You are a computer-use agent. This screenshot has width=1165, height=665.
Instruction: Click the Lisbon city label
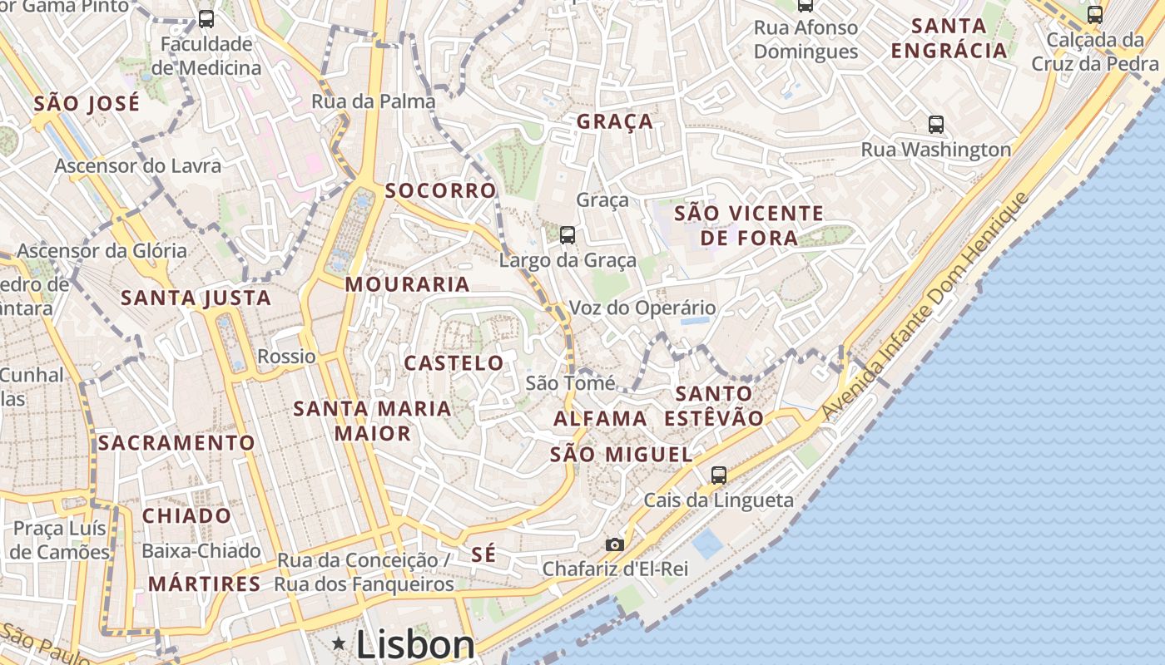[415, 645]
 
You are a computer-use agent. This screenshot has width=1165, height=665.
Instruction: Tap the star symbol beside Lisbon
[339, 643]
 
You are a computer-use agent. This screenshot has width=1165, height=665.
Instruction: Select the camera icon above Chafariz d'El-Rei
[615, 544]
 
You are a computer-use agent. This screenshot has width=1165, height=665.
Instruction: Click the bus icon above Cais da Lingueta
[718, 475]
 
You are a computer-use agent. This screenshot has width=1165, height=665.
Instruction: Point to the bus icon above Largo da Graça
[568, 235]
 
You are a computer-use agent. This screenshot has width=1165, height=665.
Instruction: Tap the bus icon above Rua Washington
[936, 125]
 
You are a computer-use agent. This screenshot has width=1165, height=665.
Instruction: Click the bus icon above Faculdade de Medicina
[206, 18]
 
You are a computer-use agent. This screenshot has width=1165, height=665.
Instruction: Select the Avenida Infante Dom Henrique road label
[925, 306]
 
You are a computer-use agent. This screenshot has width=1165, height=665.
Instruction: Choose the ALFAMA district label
[600, 418]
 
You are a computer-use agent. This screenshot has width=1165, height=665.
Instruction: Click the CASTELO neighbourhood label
[454, 363]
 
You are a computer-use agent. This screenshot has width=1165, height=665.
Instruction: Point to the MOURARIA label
[407, 284]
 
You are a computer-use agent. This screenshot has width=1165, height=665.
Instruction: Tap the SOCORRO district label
[440, 190]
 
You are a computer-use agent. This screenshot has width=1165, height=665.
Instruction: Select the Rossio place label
[287, 357]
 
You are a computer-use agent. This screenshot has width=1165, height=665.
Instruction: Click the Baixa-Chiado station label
[201, 550]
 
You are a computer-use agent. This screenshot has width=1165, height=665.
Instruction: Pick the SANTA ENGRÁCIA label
[949, 38]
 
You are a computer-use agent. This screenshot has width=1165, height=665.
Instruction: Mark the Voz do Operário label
[642, 308]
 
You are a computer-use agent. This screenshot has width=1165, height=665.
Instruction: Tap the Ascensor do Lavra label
[138, 165]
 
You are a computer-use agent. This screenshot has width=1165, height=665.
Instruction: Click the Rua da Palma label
[374, 101]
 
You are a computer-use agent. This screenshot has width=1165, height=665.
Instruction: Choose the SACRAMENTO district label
[176, 443]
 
